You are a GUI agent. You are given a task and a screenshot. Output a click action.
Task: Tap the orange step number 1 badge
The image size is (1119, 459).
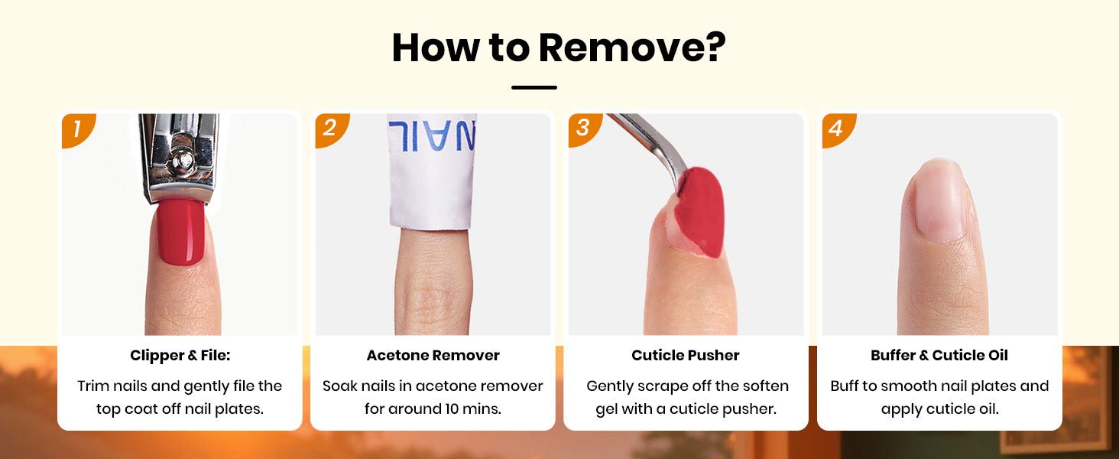click(x=77, y=129)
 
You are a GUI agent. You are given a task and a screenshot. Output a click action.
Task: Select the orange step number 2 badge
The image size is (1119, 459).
click(x=331, y=129)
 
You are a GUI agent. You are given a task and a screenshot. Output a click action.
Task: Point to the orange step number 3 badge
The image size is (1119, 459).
click(x=584, y=129)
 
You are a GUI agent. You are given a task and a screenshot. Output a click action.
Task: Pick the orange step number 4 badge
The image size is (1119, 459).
click(x=838, y=129)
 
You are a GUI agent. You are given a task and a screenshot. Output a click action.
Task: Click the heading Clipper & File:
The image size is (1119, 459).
click(x=180, y=355)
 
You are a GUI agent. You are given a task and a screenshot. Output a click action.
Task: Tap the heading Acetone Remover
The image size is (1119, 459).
click(x=433, y=355)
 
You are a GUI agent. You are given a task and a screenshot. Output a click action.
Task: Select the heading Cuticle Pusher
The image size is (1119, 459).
click(x=686, y=355)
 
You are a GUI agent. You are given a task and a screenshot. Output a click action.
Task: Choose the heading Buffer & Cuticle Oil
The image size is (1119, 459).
click(x=939, y=355)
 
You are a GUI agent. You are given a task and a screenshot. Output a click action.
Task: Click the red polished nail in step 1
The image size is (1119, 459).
click(x=181, y=232)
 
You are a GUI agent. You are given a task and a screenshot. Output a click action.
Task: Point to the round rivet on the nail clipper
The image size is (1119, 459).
click(x=182, y=161)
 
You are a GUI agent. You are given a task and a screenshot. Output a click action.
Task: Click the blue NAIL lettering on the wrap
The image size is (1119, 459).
click(x=432, y=135)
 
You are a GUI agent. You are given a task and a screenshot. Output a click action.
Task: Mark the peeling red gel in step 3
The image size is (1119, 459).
click(x=699, y=213)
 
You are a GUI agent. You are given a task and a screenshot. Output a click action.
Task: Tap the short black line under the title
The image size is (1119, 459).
click(x=534, y=87)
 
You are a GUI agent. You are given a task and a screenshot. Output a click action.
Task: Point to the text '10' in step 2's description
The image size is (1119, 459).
click(x=452, y=409)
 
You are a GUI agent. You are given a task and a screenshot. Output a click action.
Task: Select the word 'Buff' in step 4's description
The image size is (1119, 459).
click(x=845, y=386)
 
